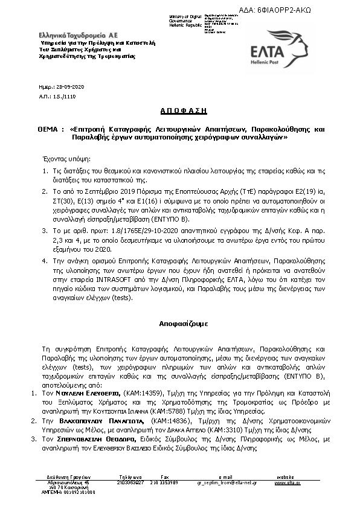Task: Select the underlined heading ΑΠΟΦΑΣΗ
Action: click(179, 111)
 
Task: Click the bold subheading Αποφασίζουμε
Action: click(180, 324)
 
